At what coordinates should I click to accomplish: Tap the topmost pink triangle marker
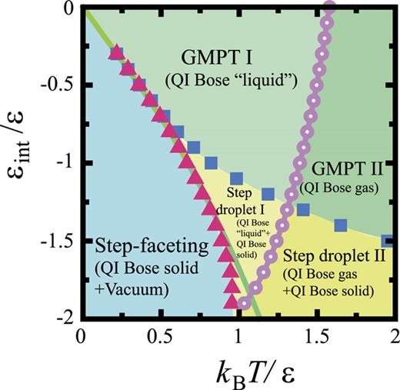coord(116,52)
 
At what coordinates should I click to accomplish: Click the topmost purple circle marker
coord(330,8)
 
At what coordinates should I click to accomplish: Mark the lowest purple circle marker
coord(244,302)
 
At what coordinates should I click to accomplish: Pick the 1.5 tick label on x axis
coord(316,335)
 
